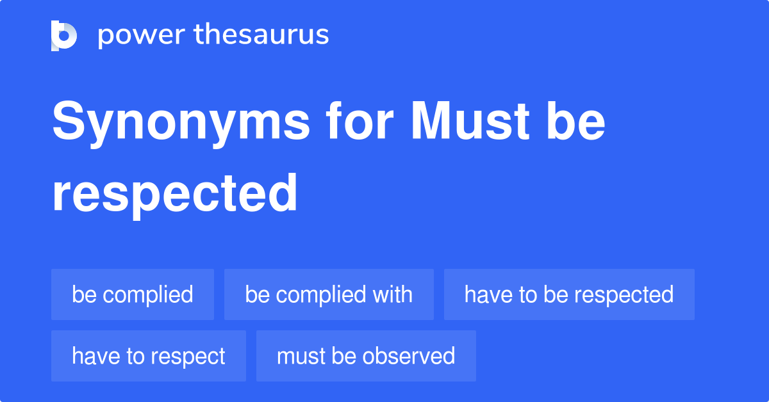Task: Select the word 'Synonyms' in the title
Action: point(181,123)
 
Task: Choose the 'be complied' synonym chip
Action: point(133,294)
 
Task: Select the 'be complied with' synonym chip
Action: point(329,294)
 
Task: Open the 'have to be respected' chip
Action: point(569,294)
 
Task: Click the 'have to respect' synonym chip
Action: point(149,356)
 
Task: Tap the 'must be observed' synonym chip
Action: point(366,356)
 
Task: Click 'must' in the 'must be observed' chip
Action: point(301,356)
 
